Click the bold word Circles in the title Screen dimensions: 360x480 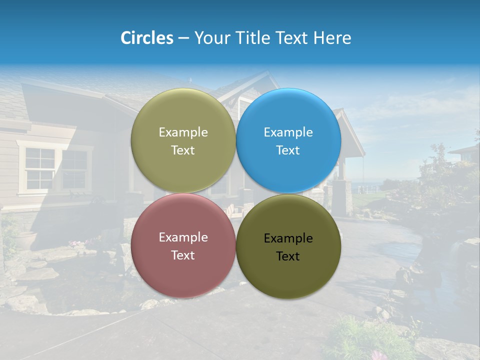point(147,38)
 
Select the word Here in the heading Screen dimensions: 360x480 point(332,38)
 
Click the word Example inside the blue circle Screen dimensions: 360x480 point(288,132)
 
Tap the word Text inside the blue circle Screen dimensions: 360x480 point(288,150)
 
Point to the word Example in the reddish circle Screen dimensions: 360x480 point(183,237)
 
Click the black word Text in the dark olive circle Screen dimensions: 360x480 point(288,256)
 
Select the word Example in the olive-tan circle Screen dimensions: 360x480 point(183,132)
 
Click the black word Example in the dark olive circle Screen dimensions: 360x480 point(288,238)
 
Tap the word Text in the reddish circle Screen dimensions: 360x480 point(183,255)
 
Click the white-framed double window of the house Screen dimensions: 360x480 point(55,168)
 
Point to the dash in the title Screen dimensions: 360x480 point(183,38)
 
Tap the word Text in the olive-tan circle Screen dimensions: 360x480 point(183,150)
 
